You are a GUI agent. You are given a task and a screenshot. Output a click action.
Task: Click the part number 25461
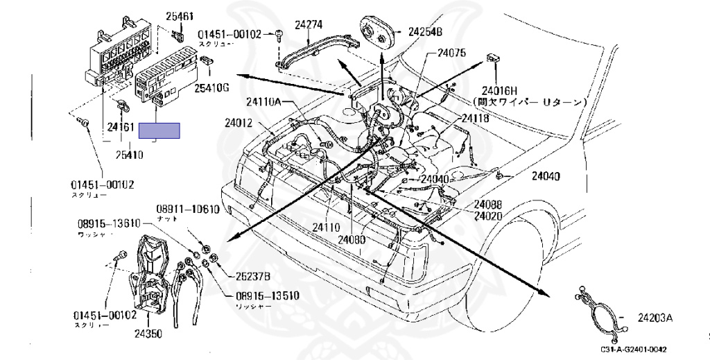coord(180,15)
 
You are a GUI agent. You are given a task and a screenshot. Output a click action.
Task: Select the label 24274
coord(309,24)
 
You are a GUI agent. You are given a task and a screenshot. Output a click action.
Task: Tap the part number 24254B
coord(425,32)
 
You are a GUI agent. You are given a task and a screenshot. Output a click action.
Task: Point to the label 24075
coord(451,53)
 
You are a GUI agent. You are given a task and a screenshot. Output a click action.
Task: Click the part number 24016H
coord(501,89)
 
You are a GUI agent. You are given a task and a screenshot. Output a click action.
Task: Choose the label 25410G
coord(211,87)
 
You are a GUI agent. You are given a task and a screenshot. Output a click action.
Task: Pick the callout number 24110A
coord(264,102)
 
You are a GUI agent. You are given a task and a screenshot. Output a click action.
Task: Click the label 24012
coord(239,123)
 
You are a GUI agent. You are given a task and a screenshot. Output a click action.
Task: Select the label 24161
coord(120,128)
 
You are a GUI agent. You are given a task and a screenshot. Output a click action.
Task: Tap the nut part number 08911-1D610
coord(187,209)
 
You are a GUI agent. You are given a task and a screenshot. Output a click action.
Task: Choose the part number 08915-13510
coord(266,295)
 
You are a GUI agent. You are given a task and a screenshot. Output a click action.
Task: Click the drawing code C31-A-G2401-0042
coord(637,350)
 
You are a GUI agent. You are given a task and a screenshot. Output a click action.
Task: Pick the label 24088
coord(488,205)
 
